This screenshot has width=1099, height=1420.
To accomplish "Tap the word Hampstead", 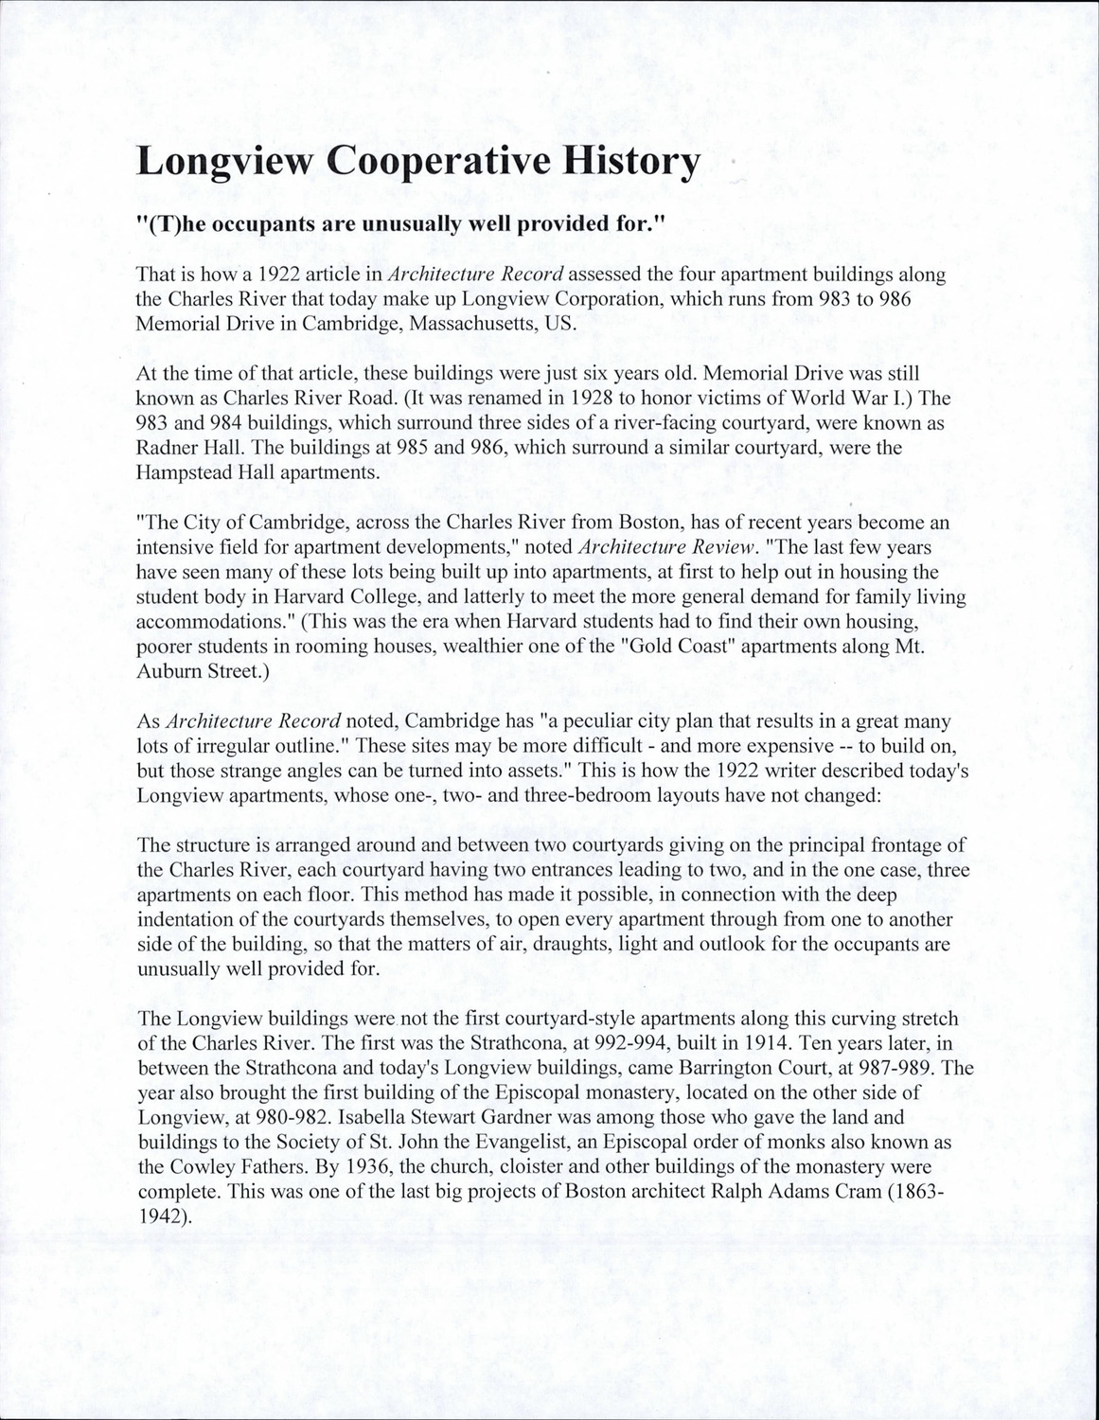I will (x=181, y=472).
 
